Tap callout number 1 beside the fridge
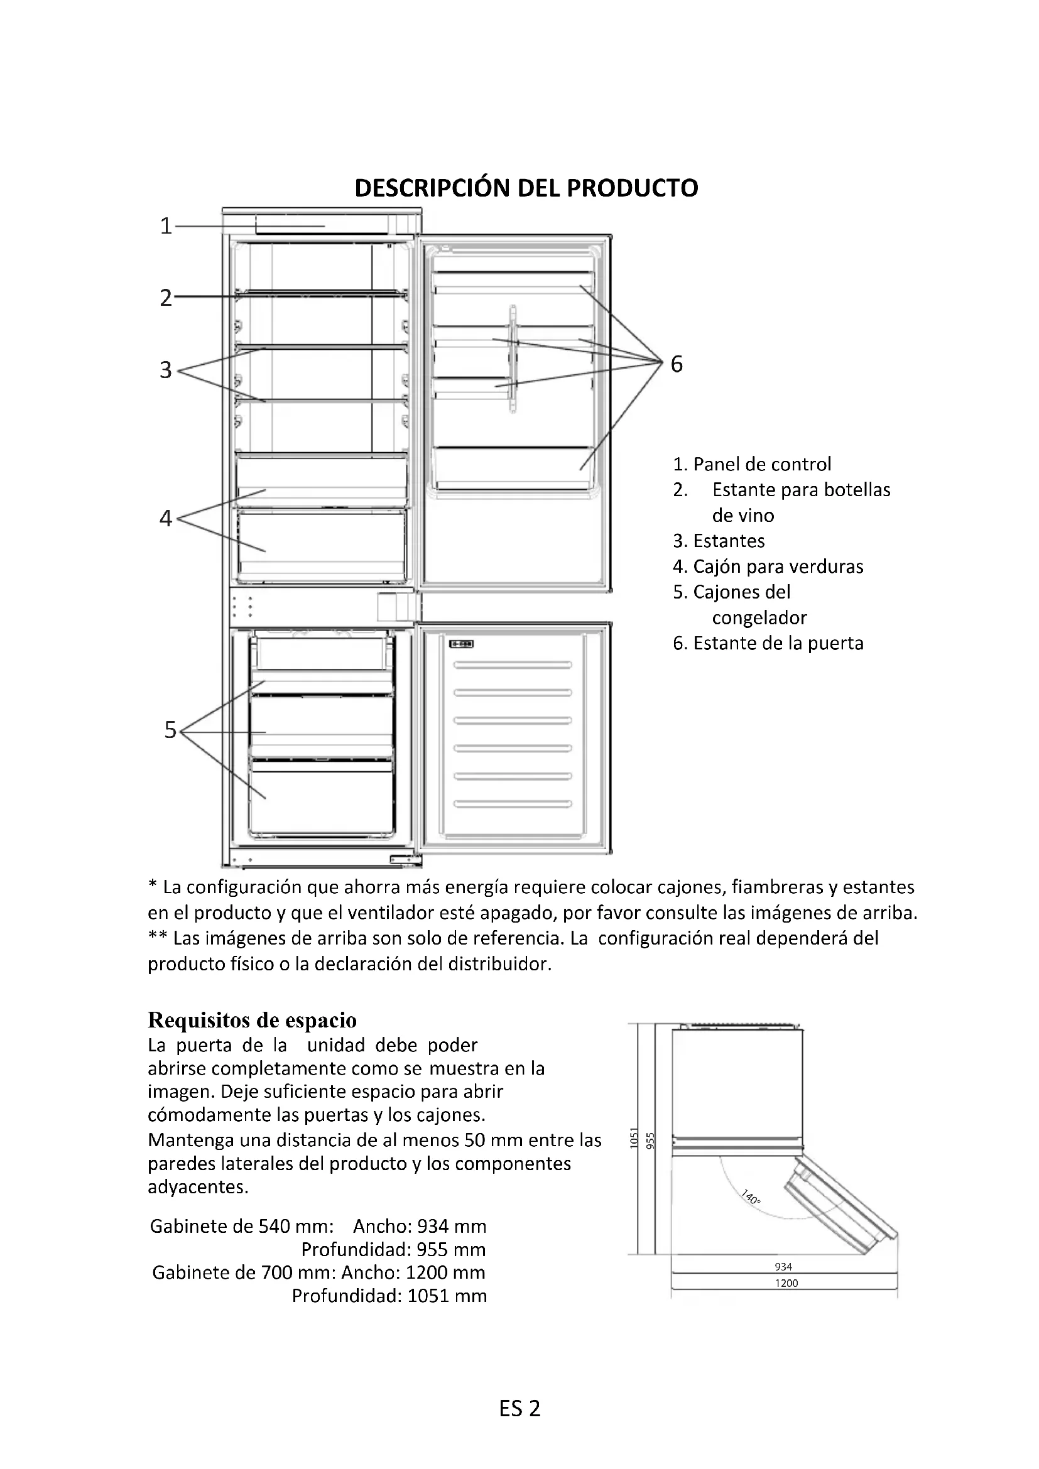(166, 226)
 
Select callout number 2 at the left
(166, 298)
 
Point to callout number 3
(166, 370)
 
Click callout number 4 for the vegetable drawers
(166, 518)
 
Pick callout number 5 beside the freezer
(170, 729)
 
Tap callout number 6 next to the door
(677, 364)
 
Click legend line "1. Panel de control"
(752, 464)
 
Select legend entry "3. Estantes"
(719, 541)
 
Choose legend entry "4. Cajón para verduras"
(768, 566)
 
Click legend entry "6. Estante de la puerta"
(768, 643)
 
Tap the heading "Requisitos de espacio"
(252, 1020)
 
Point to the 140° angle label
(751, 1196)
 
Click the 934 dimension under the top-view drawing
(783, 1266)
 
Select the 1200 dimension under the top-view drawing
(786, 1283)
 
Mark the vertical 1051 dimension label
(634, 1138)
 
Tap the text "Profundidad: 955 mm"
(393, 1249)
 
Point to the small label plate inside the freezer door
(460, 644)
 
